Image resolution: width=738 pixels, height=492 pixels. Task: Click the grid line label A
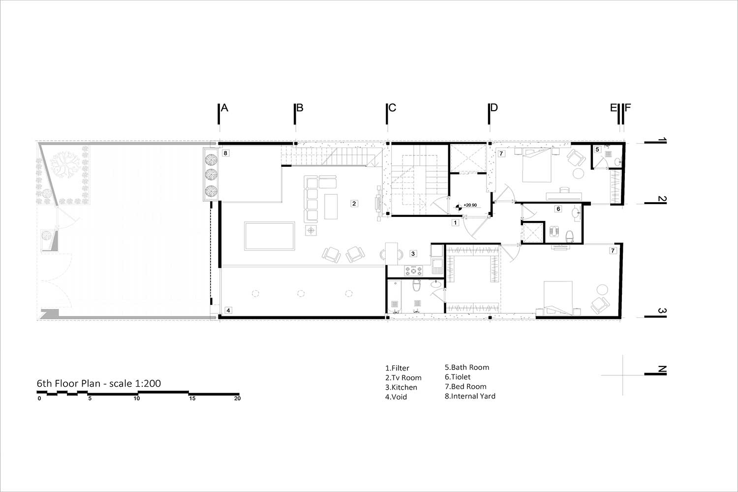click(224, 108)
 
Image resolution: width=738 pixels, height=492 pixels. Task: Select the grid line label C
click(392, 108)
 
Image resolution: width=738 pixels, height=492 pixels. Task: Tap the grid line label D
click(494, 108)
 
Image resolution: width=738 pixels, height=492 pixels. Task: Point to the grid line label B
click(300, 108)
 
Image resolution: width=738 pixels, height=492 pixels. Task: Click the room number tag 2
click(354, 204)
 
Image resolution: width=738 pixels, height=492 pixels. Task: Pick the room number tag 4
click(228, 310)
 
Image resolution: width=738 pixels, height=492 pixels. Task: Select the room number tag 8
click(225, 153)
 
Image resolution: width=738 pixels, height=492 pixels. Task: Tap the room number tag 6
click(558, 209)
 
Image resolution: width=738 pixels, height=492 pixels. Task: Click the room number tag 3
click(413, 253)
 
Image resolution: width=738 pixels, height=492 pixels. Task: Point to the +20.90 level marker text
click(470, 205)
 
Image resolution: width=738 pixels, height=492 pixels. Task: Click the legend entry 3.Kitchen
click(401, 387)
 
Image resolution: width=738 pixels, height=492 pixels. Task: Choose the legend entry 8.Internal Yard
click(470, 396)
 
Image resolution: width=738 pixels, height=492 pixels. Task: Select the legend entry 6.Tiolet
click(458, 377)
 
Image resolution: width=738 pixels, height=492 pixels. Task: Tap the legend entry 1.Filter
click(398, 368)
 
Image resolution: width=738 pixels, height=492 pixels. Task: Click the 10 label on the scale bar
click(137, 399)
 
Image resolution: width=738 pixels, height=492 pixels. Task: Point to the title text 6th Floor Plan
click(68, 384)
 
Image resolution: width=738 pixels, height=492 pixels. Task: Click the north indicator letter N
click(662, 369)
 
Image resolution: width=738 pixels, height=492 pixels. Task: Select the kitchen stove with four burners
click(413, 271)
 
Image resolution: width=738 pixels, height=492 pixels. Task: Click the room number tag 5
click(597, 149)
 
